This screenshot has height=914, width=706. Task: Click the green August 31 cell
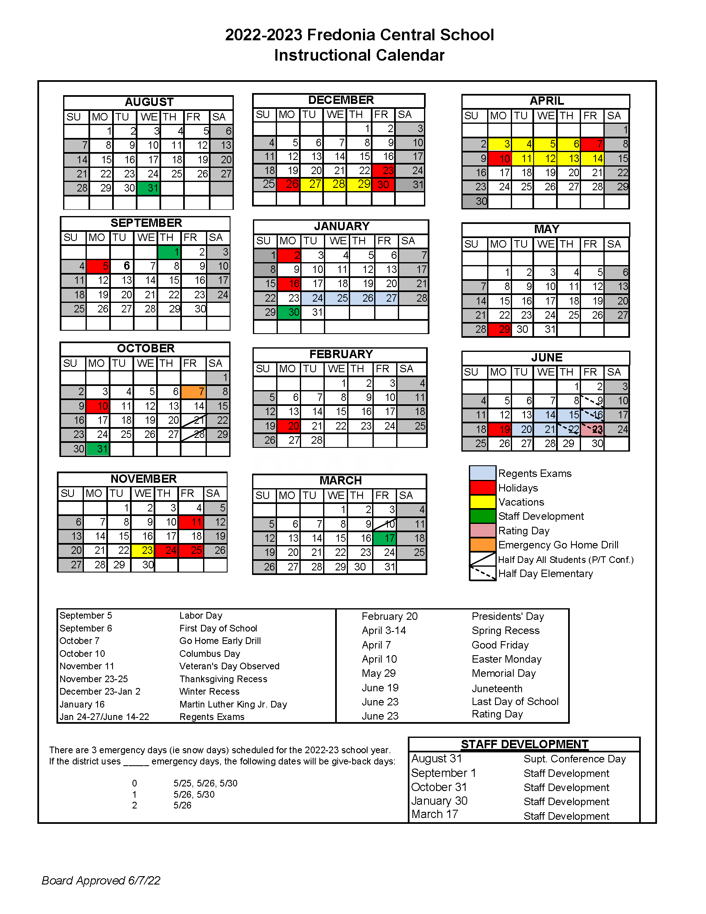(149, 188)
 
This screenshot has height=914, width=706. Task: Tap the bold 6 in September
(126, 266)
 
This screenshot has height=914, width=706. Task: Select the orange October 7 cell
(193, 392)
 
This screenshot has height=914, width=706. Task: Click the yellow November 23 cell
(143, 550)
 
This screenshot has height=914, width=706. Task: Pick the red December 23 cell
(383, 170)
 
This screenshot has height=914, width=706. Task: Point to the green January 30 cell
(289, 312)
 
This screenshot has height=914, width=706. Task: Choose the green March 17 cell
(385, 538)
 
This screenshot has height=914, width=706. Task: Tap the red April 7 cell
(592, 145)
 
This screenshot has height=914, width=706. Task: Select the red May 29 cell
(499, 329)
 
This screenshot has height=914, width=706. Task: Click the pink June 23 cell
(592, 430)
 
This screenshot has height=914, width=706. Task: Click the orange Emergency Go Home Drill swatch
(483, 545)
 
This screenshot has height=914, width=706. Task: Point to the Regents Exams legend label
(534, 473)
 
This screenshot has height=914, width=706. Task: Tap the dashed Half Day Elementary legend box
(483, 573)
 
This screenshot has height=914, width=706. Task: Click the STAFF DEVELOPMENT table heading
(525, 744)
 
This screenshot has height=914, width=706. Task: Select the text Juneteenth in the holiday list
(497, 688)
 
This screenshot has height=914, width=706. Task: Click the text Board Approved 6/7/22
(101, 880)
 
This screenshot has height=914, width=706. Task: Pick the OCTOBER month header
(145, 348)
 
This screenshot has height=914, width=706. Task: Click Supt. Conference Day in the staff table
(574, 759)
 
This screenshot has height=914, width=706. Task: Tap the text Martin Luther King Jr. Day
(233, 704)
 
